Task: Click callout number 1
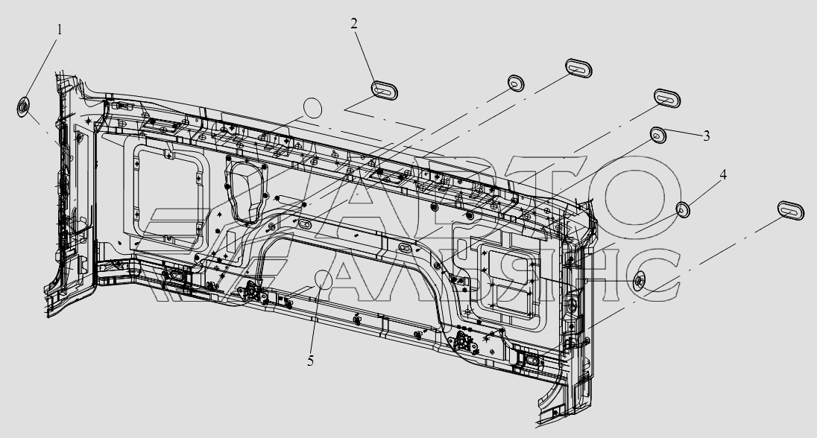point(60,30)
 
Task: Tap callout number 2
point(355,23)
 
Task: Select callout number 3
point(705,136)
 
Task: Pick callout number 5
point(311,361)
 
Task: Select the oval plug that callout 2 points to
point(384,90)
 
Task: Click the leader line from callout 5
point(316,320)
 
